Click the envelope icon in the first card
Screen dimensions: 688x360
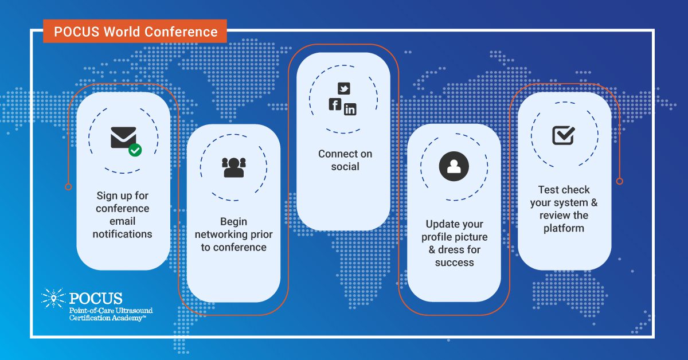[123, 138]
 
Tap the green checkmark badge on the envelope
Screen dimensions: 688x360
[135, 150]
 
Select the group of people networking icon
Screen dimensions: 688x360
[234, 167]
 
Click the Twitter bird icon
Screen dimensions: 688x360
[343, 88]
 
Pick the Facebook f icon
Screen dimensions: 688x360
[335, 104]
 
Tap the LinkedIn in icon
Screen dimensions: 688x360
[350, 109]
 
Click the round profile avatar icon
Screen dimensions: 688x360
[454, 166]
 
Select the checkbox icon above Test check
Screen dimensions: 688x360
[564, 135]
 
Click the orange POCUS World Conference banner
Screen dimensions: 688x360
[135, 32]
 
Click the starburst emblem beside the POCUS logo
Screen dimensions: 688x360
[53, 298]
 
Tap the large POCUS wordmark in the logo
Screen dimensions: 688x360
[96, 298]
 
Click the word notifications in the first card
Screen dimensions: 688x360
[122, 234]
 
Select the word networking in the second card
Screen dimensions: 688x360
[221, 234]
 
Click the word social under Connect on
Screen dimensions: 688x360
[345, 166]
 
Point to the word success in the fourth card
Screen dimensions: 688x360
[454, 263]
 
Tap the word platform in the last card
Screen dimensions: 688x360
[564, 228]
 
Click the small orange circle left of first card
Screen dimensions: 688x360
[68, 187]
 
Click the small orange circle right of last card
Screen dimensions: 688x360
[620, 181]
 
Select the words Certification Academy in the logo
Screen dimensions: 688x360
[105, 318]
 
